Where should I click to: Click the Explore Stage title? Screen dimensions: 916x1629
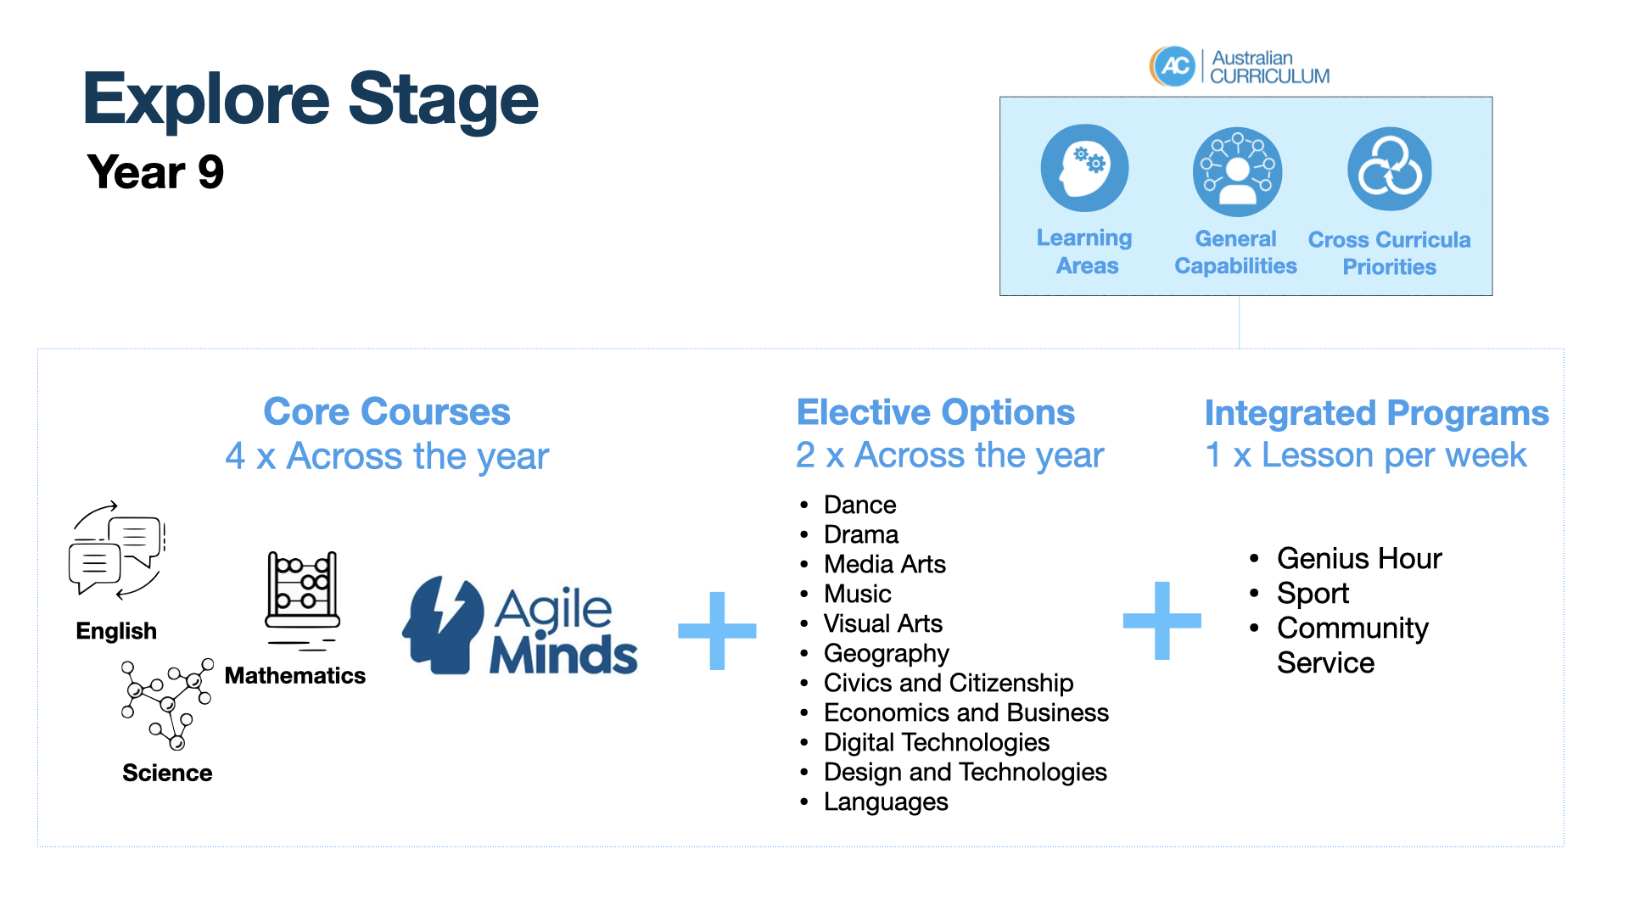[311, 100]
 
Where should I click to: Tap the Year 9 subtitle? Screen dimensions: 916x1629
[155, 172]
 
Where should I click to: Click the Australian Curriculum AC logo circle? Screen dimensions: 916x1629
[1173, 66]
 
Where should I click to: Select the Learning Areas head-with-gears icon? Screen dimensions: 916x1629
[1084, 168]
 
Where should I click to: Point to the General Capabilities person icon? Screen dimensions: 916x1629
[1237, 172]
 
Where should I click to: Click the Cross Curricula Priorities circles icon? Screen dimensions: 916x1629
[1390, 169]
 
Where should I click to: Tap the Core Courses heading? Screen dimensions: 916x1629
[387, 412]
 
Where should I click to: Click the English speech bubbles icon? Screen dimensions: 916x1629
[117, 551]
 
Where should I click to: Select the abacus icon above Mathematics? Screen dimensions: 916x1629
[303, 599]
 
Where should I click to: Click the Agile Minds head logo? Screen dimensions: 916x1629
[443, 626]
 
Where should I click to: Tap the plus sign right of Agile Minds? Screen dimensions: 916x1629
[717, 630]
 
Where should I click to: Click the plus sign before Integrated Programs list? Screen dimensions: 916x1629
[1162, 621]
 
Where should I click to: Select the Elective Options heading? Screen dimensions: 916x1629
[936, 413]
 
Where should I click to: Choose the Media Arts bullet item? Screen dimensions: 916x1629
[884, 564]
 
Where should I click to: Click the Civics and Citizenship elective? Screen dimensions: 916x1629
[948, 683]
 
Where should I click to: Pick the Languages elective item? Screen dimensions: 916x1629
[886, 801]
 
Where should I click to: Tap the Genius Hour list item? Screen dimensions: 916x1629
[1358, 558]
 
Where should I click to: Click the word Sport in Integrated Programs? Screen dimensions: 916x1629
[1313, 594]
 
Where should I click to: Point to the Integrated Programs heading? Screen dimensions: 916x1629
[1376, 413]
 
